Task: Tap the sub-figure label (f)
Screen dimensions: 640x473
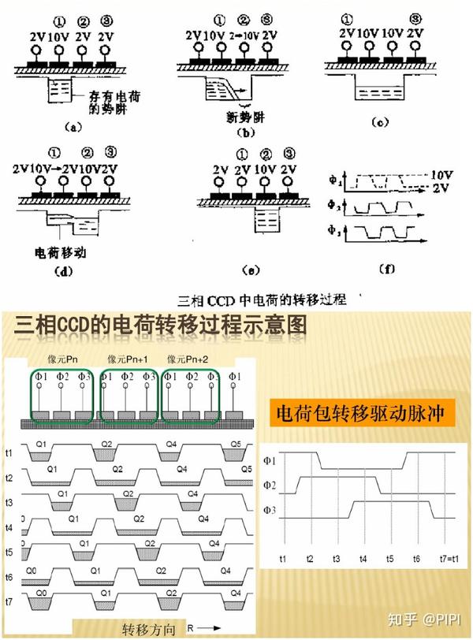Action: [387, 269]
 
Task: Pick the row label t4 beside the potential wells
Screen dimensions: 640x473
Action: [9, 528]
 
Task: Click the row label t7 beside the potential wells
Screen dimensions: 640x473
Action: [9, 601]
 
